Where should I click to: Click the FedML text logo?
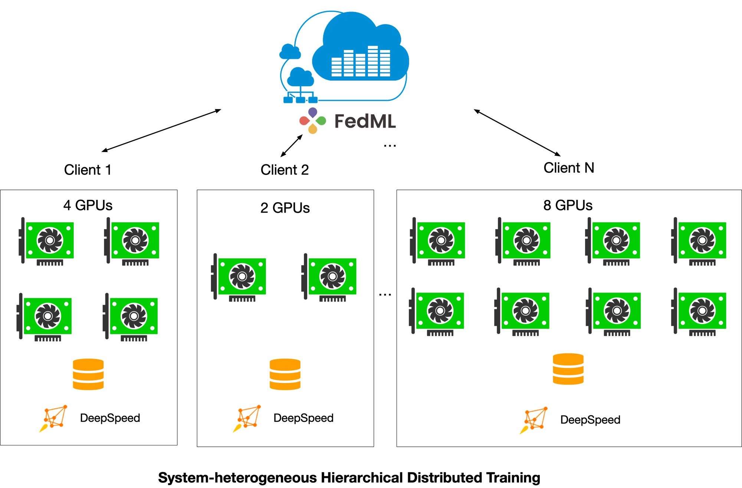pyautogui.click(x=365, y=121)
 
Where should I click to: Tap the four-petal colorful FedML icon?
pyautogui.click(x=313, y=121)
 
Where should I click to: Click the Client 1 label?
pyautogui.click(x=88, y=170)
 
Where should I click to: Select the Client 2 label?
pyautogui.click(x=285, y=170)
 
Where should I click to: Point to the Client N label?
pyautogui.click(x=569, y=168)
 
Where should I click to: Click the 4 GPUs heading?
pyautogui.click(x=88, y=205)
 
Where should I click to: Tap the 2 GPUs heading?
pyautogui.click(x=285, y=208)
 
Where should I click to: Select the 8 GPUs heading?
pyautogui.click(x=568, y=205)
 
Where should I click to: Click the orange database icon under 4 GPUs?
pyautogui.click(x=88, y=374)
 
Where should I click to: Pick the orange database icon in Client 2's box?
pyautogui.click(x=285, y=374)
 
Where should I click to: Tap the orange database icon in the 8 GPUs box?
pyautogui.click(x=568, y=369)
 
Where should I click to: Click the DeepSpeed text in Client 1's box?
pyautogui.click(x=110, y=418)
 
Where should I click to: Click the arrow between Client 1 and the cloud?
pyautogui.click(x=161, y=131)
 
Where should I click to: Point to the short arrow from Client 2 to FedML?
pyautogui.click(x=292, y=146)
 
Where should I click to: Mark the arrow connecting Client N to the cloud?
pyautogui.click(x=517, y=132)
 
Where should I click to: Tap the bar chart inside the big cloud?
pyautogui.click(x=361, y=61)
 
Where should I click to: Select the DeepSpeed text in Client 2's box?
pyautogui.click(x=303, y=418)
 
